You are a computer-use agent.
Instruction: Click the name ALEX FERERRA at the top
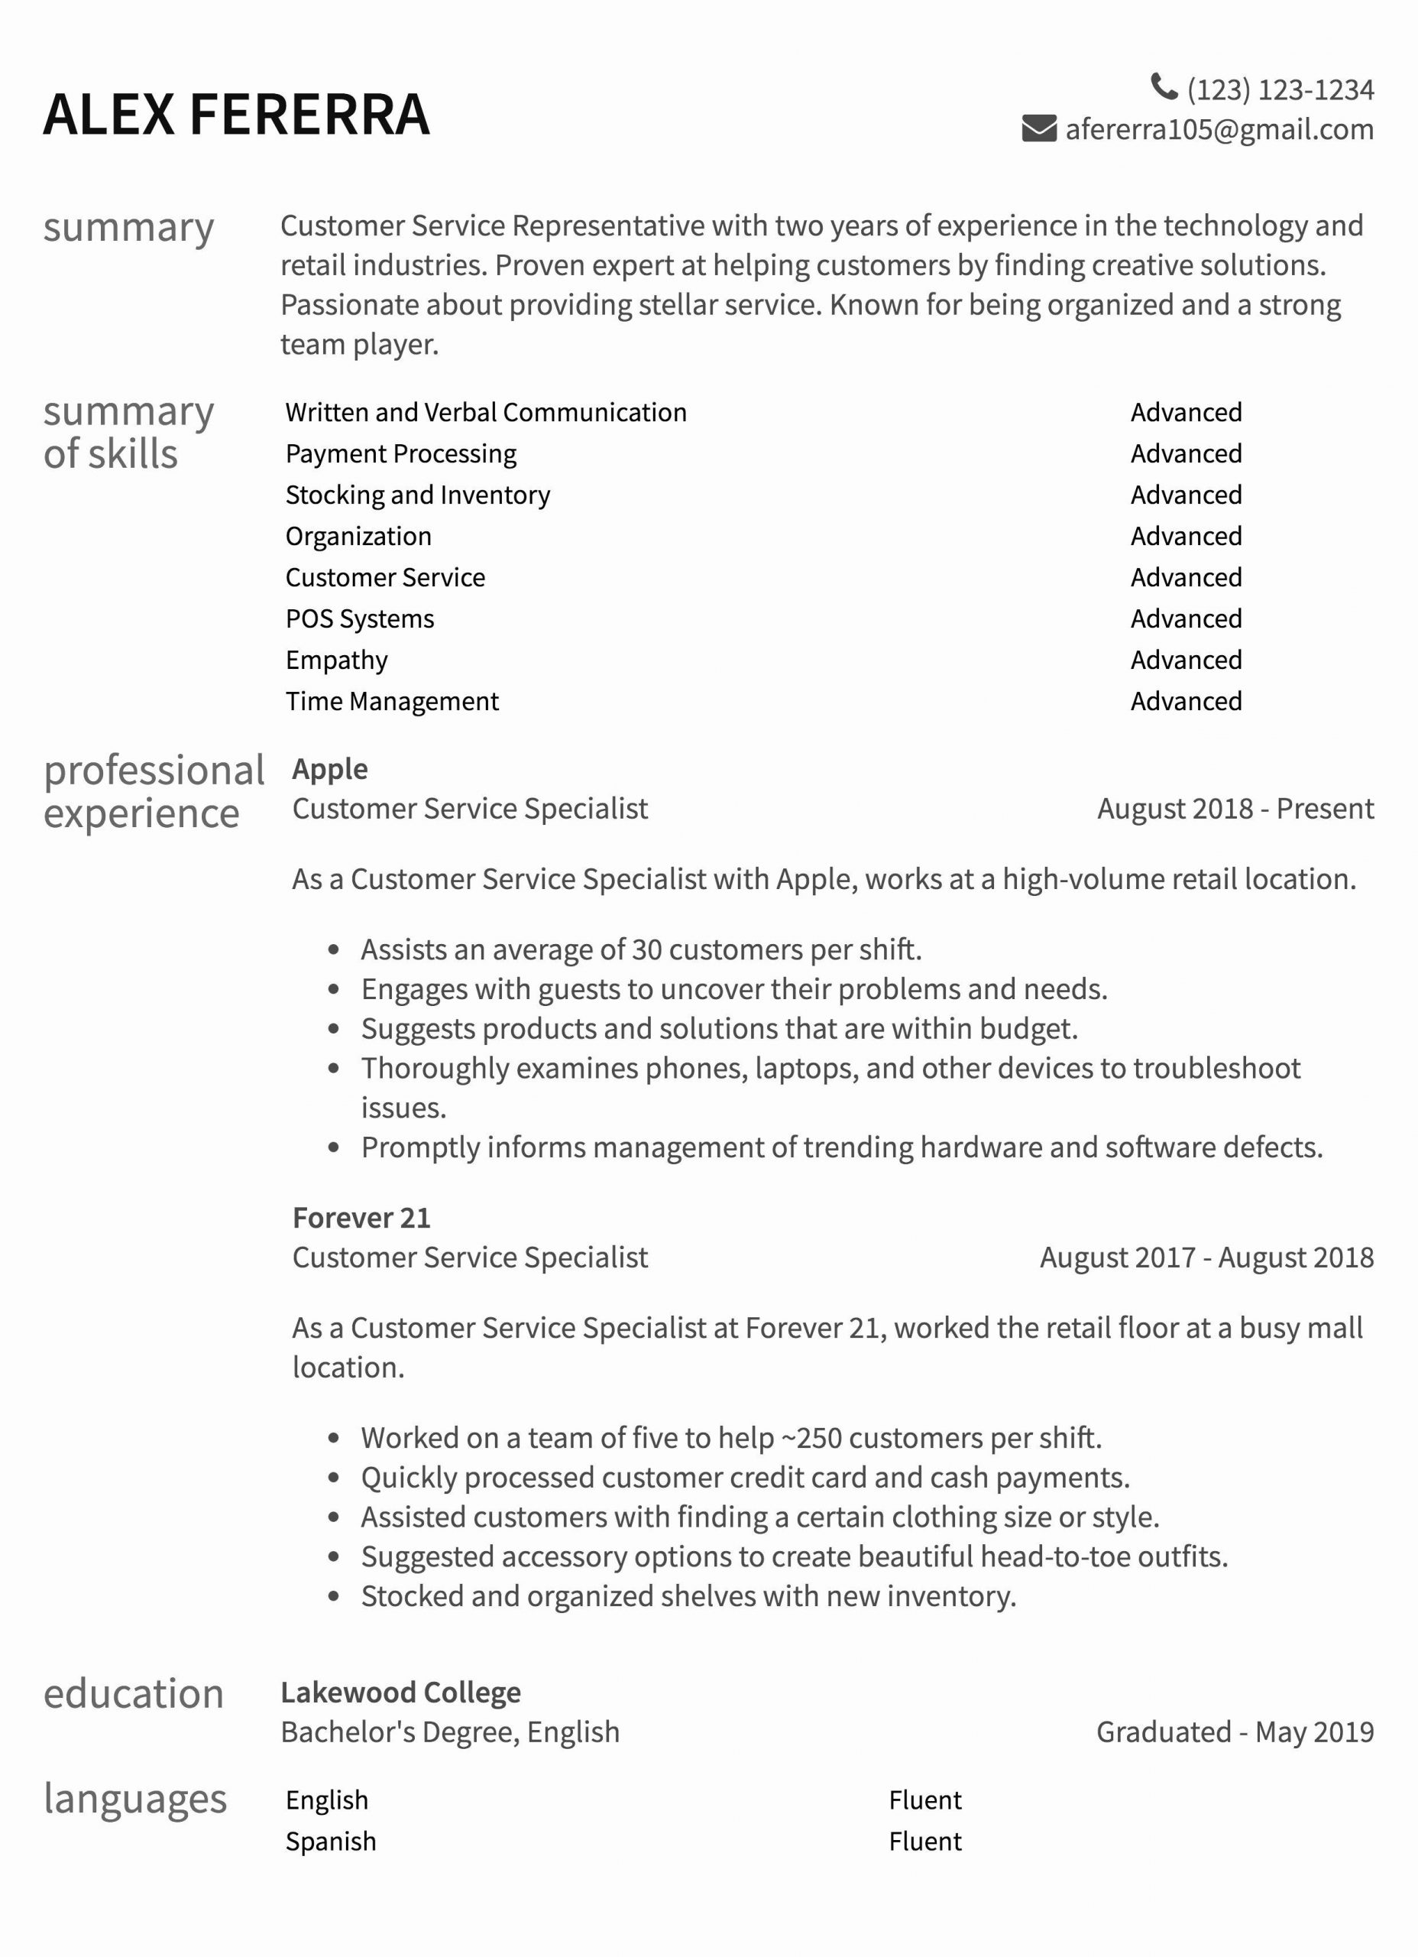[236, 115]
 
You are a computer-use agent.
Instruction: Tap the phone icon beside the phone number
[1164, 86]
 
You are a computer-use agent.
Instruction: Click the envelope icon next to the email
[1038, 128]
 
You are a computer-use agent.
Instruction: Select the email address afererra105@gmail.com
[1219, 129]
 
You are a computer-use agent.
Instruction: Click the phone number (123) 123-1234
[1280, 89]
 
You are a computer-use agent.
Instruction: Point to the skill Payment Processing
[401, 454]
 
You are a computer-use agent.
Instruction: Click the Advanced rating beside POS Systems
[1186, 618]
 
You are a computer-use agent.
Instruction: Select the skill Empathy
[336, 660]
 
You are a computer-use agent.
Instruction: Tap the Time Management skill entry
[392, 702]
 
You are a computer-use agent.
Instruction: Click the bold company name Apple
[329, 769]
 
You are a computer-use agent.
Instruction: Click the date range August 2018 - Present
[1235, 809]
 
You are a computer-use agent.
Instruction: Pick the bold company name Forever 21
[361, 1218]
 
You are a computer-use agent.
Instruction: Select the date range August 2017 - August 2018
[1206, 1258]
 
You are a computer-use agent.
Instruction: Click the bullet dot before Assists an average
[334, 950]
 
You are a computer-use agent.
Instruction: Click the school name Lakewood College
[400, 1692]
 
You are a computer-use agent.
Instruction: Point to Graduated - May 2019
[1235, 1731]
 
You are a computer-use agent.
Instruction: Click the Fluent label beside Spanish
[924, 1842]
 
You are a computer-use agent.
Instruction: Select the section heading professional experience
[154, 791]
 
